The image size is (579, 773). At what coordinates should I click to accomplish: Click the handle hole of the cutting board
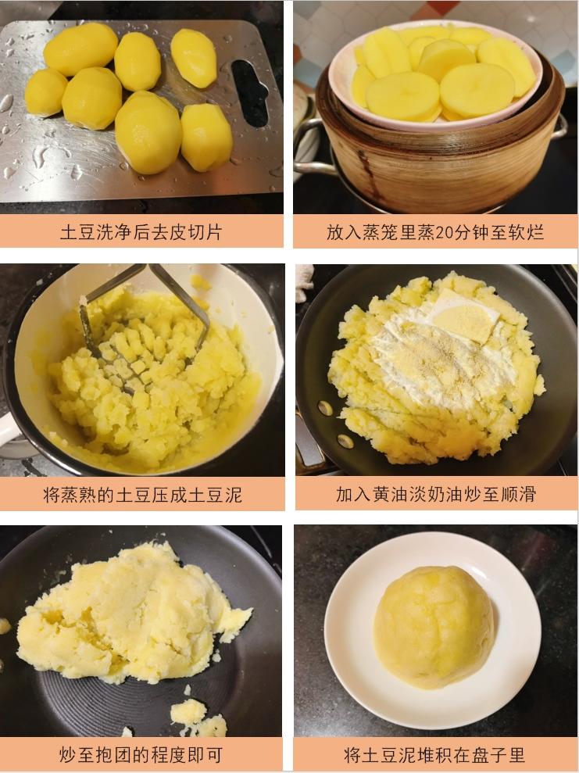[x=250, y=93]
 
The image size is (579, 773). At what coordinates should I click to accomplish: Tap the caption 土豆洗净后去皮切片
[x=141, y=231]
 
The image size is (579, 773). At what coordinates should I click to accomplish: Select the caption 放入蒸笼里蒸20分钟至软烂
[x=434, y=231]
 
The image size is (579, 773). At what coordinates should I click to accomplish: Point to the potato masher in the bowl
[x=147, y=316]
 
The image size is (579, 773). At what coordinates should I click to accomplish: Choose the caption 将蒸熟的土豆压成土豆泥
[x=142, y=494]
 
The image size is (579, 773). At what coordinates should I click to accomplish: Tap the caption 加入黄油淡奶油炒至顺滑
[x=435, y=494]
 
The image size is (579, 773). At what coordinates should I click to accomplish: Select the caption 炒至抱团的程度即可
[x=141, y=754]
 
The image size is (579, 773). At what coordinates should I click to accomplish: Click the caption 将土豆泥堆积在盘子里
[x=434, y=754]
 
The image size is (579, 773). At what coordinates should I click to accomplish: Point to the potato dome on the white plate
[x=434, y=627]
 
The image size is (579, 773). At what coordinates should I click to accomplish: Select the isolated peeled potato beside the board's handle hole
[x=194, y=58]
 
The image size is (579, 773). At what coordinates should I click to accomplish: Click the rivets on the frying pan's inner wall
[x=335, y=424]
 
